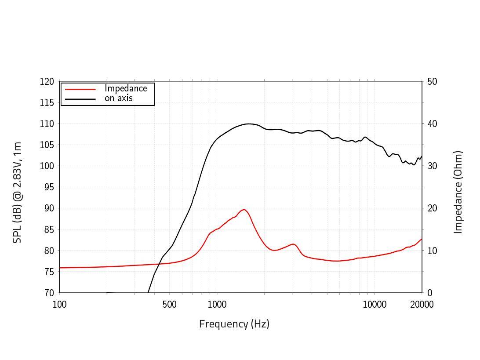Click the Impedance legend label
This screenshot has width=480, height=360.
[126, 88]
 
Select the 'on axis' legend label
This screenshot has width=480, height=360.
[118, 98]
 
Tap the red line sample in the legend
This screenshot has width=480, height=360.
[80, 89]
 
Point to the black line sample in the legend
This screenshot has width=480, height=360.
[80, 99]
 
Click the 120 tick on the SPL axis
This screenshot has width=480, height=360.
[47, 82]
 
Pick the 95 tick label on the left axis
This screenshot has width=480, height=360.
[49, 187]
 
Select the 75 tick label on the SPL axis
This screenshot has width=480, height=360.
[49, 272]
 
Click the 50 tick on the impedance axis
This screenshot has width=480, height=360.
[432, 82]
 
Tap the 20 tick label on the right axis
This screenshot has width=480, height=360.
[432, 208]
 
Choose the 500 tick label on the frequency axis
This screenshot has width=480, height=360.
[169, 305]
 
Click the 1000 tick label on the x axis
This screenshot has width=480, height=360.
[217, 305]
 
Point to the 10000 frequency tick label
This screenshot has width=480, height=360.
[375, 305]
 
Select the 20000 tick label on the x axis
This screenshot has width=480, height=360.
[422, 305]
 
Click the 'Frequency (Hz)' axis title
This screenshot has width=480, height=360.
[234, 324]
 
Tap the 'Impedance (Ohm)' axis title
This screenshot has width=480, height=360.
[458, 192]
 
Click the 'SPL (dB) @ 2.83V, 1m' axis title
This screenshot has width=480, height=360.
[17, 192]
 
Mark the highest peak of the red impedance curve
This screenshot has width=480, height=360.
[244, 210]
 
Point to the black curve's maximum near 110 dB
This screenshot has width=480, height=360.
[249, 124]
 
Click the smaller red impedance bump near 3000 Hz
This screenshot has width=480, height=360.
[293, 244]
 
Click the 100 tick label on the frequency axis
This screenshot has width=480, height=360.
[60, 305]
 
